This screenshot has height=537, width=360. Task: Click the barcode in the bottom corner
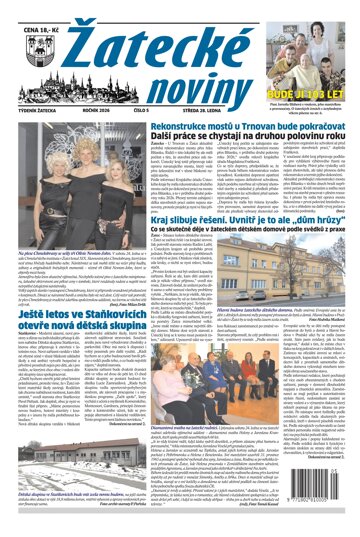point(324,504)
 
